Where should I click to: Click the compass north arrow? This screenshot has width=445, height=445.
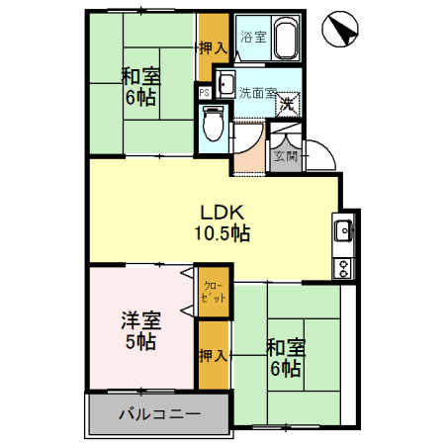coord(338,29)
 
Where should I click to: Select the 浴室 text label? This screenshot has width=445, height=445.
coord(252,38)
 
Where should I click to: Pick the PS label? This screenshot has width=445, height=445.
coord(204,94)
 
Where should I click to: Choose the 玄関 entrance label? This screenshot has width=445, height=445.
coord(286,154)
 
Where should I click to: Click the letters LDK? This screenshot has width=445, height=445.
coord(221,212)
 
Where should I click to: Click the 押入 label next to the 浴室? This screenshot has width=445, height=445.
coord(213,47)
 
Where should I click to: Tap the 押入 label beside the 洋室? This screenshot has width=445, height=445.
coord(213,354)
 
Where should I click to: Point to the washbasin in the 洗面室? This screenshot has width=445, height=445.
coord(224,84)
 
